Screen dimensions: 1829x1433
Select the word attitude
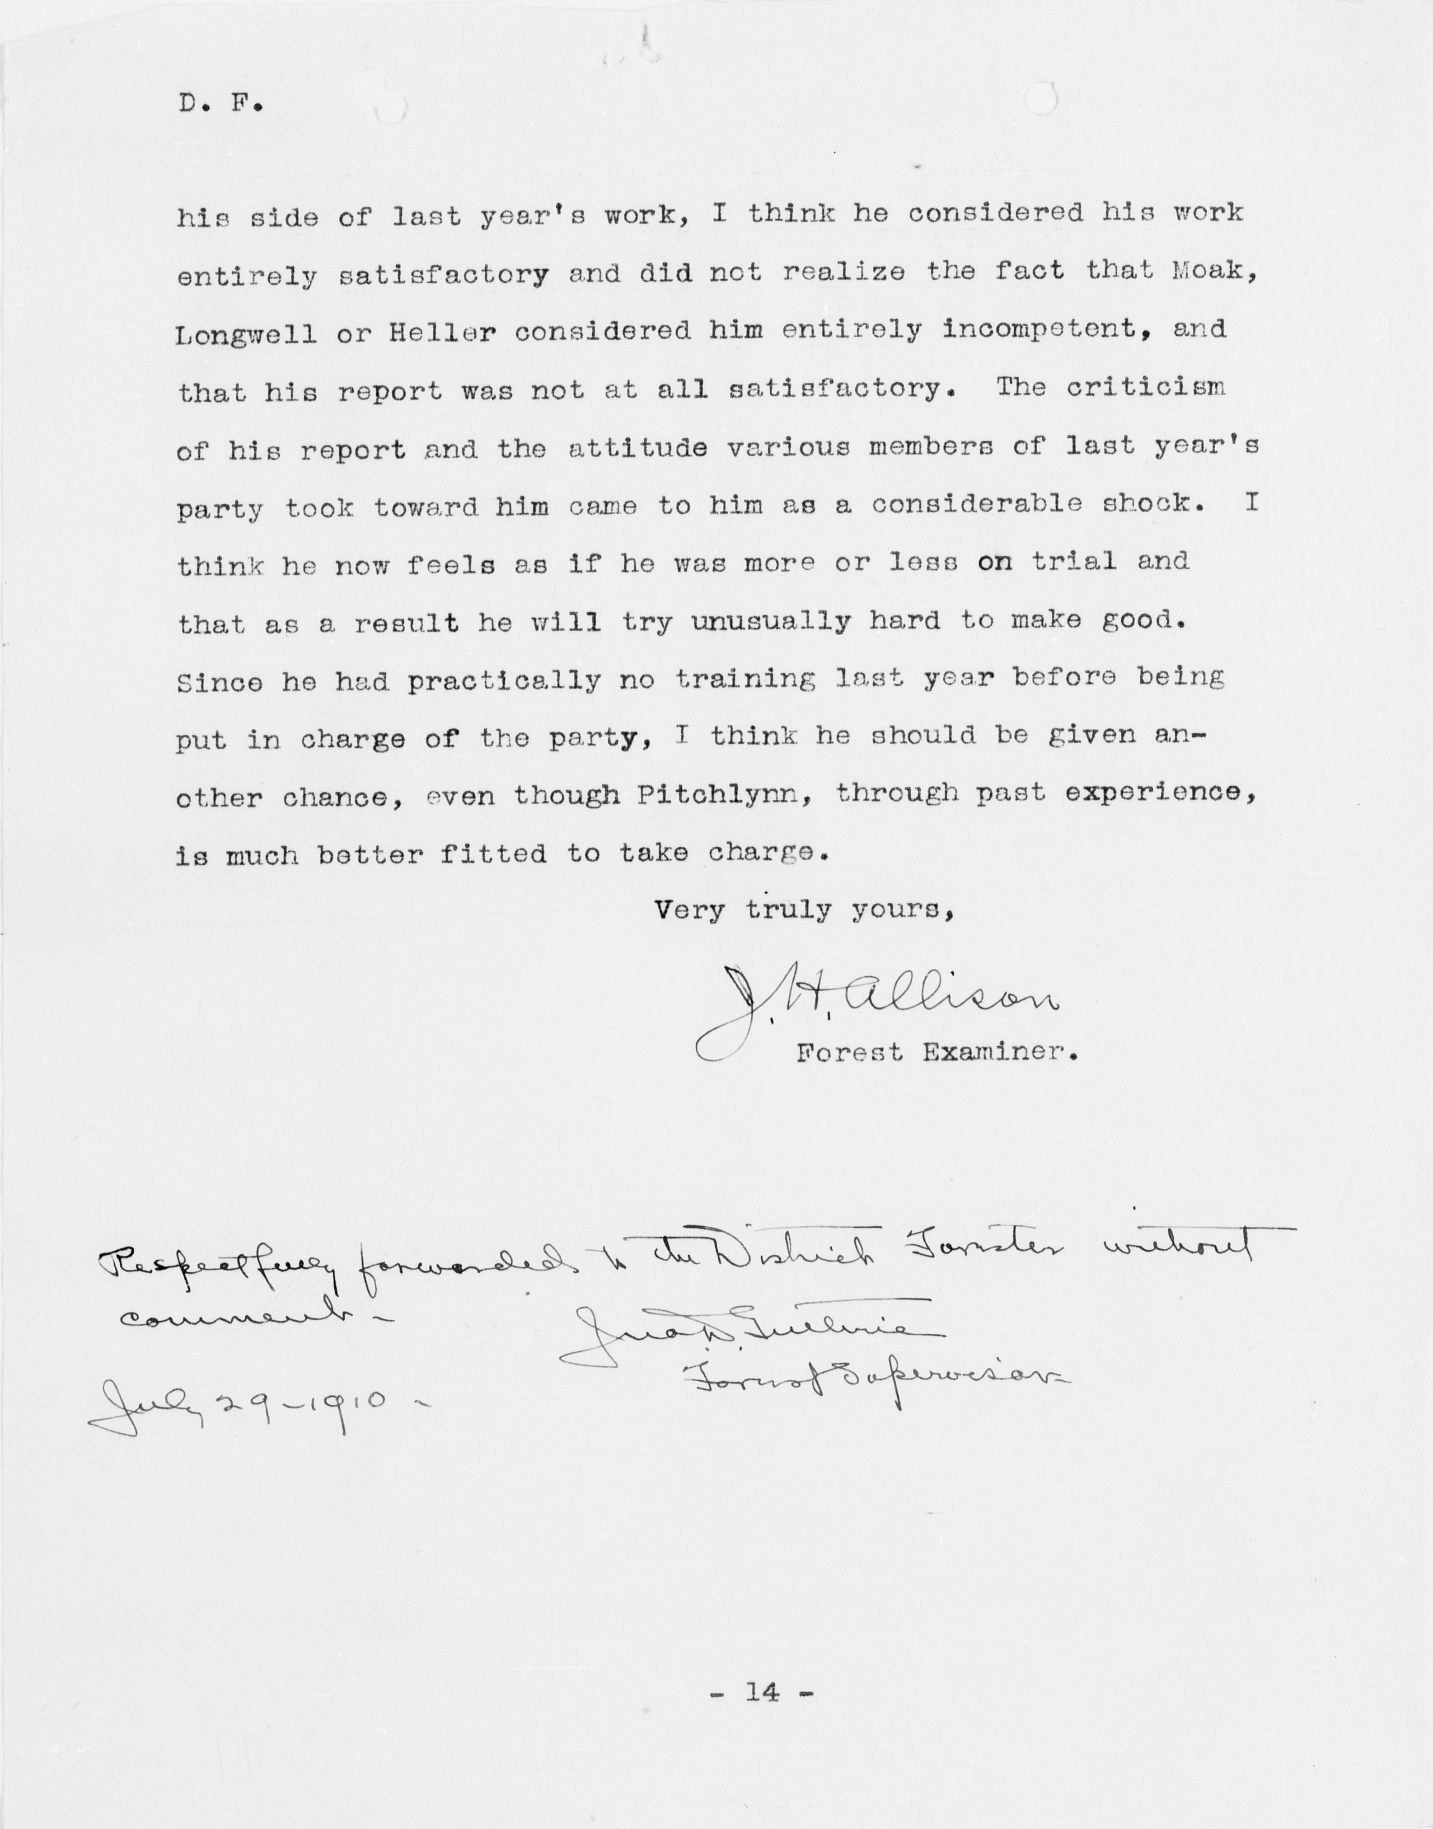(637, 448)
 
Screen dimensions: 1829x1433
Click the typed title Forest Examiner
(936, 1052)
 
